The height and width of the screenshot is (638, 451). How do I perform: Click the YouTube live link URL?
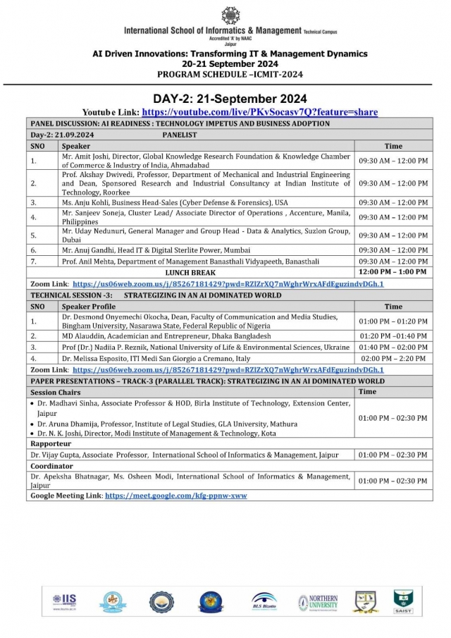[x=259, y=112]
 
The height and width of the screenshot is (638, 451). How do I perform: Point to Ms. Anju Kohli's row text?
[x=175, y=202]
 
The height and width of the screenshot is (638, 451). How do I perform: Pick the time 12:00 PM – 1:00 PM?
[x=393, y=271]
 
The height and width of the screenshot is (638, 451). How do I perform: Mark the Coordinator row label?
[x=52, y=466]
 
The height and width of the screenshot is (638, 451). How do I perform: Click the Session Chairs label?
[x=56, y=391]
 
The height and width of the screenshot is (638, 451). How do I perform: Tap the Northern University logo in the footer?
[x=318, y=601]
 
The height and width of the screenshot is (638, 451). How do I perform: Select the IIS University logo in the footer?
[x=63, y=601]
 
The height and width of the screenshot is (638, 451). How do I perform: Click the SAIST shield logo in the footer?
[x=403, y=601]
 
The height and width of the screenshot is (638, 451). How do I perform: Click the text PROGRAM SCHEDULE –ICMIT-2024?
[x=230, y=73]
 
